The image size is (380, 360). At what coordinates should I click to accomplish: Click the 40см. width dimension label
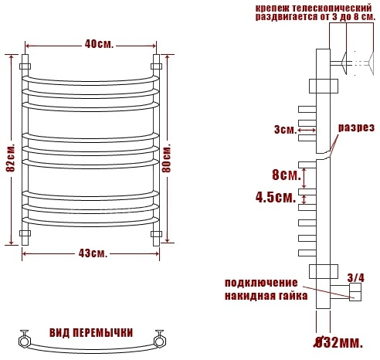[x=99, y=44]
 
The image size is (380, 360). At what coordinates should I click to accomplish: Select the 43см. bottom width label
[x=93, y=253]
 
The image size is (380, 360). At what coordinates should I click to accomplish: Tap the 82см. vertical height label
[x=11, y=158]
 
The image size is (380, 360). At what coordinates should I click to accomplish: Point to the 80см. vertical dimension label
[x=167, y=158]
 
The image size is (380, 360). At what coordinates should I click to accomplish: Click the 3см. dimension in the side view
[x=286, y=130]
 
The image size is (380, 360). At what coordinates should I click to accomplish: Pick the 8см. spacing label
[x=287, y=175]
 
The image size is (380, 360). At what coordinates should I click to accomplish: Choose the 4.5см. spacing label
[x=276, y=198]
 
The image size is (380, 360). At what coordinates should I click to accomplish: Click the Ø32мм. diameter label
[x=339, y=343]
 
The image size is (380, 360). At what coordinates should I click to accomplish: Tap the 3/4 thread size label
[x=356, y=278]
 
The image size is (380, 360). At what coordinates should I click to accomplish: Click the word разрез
[x=356, y=127]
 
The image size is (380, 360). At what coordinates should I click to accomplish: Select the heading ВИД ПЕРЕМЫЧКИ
[x=91, y=333]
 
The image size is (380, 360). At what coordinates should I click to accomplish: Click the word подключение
[x=261, y=283]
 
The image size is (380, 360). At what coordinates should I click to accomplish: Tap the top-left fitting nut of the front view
[x=25, y=66]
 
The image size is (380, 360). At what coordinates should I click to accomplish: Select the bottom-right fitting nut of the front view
[x=156, y=234]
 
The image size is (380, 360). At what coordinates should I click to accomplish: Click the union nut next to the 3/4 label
[x=355, y=292]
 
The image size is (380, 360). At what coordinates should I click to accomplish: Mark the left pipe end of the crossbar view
[x=23, y=341]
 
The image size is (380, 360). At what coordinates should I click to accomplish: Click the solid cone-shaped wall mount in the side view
[x=344, y=63]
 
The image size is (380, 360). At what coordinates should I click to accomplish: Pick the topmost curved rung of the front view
[x=90, y=80]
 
